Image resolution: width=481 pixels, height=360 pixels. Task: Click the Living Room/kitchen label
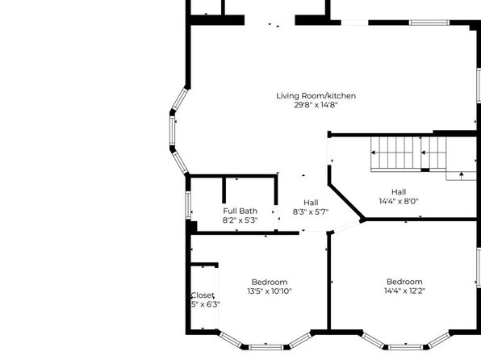point(316,96)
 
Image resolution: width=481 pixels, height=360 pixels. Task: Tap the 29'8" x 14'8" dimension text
point(316,105)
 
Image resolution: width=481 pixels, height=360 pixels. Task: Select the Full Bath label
point(240,211)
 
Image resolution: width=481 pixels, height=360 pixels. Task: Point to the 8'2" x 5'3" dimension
point(240,220)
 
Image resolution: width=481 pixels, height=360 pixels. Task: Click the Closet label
point(203,295)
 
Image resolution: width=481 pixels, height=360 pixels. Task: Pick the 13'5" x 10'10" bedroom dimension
point(270,291)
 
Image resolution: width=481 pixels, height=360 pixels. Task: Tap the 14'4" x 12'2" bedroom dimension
point(405,291)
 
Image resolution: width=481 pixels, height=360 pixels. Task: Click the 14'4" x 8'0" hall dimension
point(399,201)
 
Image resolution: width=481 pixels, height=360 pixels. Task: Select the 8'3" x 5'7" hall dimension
point(311,211)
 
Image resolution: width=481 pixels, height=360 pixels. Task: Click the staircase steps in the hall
point(408,153)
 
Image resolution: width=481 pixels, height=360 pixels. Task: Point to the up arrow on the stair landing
point(461,174)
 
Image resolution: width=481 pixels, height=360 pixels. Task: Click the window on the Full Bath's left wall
point(188,205)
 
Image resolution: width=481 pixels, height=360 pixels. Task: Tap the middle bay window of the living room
point(173,131)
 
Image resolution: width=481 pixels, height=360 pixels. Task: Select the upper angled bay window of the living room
point(180,98)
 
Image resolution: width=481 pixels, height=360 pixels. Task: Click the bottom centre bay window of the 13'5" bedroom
point(266,347)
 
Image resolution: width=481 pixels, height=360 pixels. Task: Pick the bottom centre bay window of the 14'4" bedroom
point(406,347)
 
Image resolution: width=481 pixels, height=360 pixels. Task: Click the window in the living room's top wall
point(429,23)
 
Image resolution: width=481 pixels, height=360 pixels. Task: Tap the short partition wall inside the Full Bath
point(224,190)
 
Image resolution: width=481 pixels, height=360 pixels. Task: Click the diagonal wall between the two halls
point(346,202)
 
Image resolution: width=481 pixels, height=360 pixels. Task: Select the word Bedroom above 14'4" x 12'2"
point(404,282)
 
